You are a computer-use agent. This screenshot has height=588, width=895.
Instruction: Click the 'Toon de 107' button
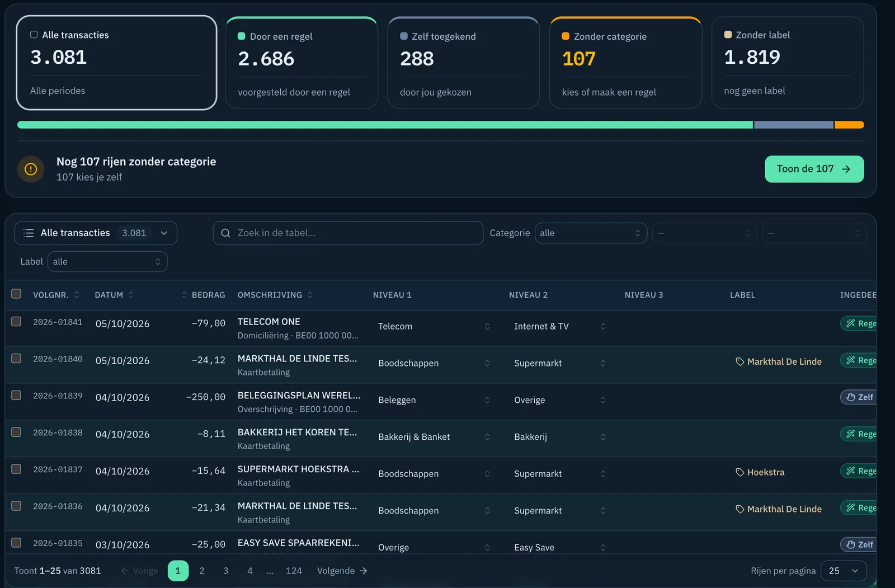[x=814, y=169]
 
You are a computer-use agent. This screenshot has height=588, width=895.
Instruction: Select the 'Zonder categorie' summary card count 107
[x=578, y=59]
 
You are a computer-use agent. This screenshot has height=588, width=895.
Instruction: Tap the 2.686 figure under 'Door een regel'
[x=266, y=59]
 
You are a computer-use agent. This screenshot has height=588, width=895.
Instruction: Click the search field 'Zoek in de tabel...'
[x=347, y=233]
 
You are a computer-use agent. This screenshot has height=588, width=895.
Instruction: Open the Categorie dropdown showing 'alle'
[x=591, y=233]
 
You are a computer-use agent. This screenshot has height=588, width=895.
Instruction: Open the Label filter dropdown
[x=107, y=261]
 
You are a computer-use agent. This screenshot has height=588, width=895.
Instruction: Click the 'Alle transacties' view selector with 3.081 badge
[x=96, y=233]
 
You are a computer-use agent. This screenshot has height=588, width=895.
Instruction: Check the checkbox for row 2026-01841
[x=16, y=321]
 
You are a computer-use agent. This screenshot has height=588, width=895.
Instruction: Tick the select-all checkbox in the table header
[x=16, y=294]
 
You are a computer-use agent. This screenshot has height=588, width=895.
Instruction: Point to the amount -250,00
[x=206, y=397]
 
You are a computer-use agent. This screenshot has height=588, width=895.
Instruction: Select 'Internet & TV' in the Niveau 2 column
[x=541, y=326]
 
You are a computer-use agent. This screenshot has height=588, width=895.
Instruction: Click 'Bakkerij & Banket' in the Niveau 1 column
[x=414, y=436]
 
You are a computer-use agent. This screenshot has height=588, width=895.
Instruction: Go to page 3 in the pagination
[x=226, y=571]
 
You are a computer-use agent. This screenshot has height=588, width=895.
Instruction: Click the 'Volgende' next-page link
[x=342, y=571]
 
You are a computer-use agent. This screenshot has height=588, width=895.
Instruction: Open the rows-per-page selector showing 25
[x=844, y=571]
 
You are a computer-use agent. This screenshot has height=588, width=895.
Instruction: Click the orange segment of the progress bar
[x=849, y=125]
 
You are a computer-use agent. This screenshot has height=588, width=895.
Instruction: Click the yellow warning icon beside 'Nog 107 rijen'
[x=31, y=169]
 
